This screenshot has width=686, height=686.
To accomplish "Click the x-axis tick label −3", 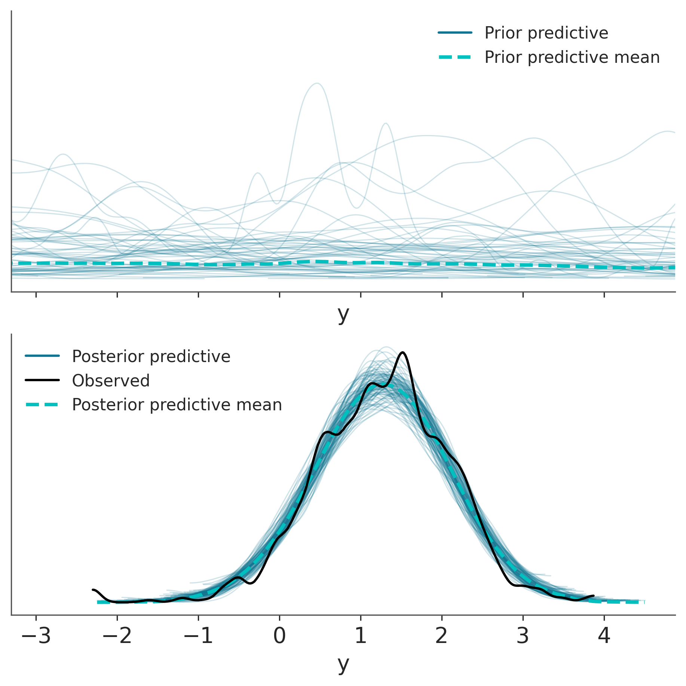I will pos(36,636).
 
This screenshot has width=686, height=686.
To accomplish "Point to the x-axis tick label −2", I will pos(117,636).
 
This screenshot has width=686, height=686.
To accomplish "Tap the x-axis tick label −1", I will pos(198,636).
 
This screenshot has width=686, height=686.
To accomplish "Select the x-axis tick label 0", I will pos(279,636).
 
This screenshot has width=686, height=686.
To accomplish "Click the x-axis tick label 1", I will pos(361,636).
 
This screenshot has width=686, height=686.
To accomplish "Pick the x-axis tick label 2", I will pos(442,636).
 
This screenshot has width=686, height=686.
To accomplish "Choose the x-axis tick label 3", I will pos(523,636).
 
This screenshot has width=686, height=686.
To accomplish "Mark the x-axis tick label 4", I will pos(604,636).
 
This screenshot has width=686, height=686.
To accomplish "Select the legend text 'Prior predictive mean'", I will pos(572,57).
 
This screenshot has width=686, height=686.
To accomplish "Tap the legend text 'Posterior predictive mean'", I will pos(177,405).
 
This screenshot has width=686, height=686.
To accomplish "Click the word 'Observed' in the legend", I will pos(111,380).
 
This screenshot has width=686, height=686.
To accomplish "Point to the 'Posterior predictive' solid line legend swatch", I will pos(42,356).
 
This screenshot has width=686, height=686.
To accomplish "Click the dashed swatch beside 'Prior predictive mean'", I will pos(455,57).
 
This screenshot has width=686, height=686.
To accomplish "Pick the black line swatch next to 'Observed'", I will pos(42,380).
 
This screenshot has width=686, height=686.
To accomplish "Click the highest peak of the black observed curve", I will pos(403,352).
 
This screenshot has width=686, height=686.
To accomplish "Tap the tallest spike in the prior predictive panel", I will pos(317,83).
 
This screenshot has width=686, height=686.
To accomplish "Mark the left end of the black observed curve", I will pos(93,589).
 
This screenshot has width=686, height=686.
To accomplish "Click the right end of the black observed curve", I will pos(594,595).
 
